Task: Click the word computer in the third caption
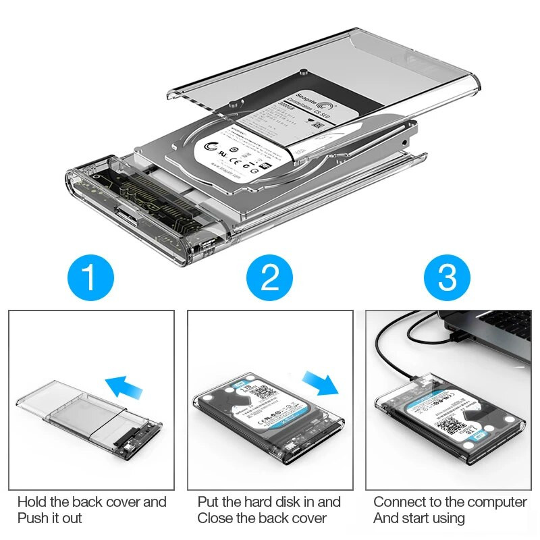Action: click(495, 502)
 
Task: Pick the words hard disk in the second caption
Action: click(267, 502)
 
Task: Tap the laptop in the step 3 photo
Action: click(486, 337)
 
